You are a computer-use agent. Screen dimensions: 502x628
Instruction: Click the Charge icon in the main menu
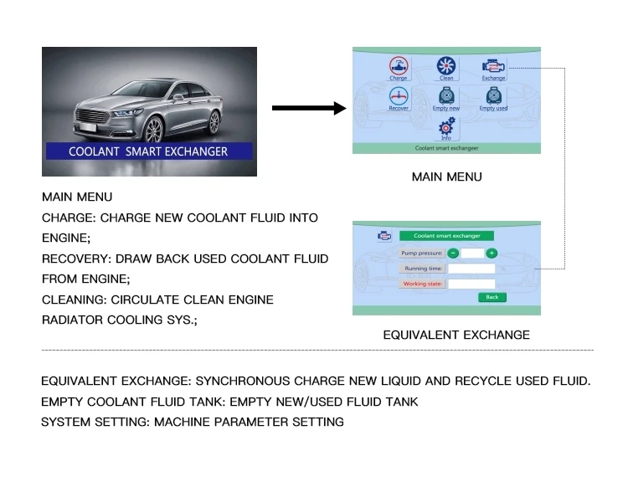coord(399,66)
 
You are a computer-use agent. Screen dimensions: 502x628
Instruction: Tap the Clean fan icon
coord(446,66)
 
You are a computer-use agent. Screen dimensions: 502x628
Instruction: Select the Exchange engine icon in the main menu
coord(493,66)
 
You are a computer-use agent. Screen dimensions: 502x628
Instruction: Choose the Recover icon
coord(399,97)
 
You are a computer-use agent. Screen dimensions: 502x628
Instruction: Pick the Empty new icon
coord(446,97)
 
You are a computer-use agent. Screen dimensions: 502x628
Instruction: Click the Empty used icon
coord(493,97)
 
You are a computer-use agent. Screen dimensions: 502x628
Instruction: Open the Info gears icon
coord(446,126)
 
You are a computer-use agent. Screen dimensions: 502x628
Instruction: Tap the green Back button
coord(492,297)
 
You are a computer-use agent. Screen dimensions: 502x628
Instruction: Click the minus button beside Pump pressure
coord(453,253)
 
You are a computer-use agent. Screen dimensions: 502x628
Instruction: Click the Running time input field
coord(471,269)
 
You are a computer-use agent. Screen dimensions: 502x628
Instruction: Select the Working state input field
coord(471,284)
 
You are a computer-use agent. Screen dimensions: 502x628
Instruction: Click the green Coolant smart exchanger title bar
coord(446,236)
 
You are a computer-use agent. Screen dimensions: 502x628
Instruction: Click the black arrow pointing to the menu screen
coord(309,108)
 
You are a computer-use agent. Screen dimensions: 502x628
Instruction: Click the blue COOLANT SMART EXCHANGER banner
coord(148,151)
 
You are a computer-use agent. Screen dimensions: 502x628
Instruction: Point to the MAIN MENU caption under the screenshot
coord(446,177)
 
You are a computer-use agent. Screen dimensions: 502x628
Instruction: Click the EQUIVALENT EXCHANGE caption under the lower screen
coord(456,335)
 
